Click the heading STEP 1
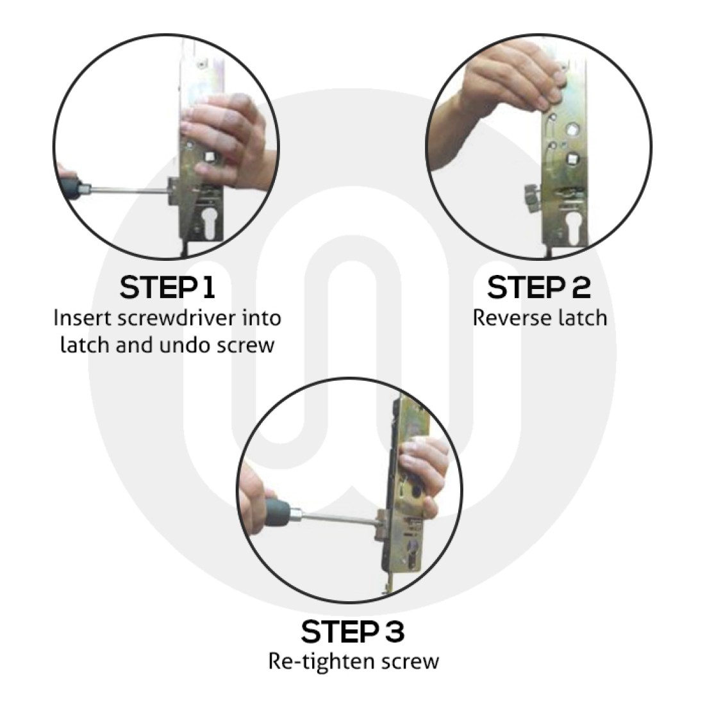pos(167,288)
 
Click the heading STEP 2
pos(538,288)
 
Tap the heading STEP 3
pos(353,632)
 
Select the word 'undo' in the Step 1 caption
pos(185,345)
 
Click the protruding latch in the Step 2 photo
pos(532,199)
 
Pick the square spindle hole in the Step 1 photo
pos(209,157)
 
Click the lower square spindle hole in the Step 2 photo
pos(572,159)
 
